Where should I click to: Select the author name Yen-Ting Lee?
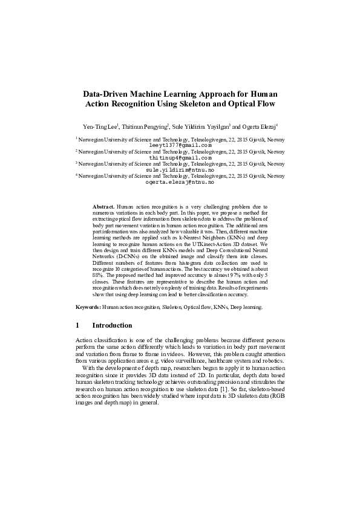tap(100, 126)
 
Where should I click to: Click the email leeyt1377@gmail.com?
tap(180, 145)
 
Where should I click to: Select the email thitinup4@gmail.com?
tap(180, 157)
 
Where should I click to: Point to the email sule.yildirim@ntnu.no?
tap(180, 170)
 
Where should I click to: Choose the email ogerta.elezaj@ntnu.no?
tap(180, 182)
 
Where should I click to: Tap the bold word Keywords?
tap(88, 308)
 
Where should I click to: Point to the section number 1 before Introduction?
tap(77, 326)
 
